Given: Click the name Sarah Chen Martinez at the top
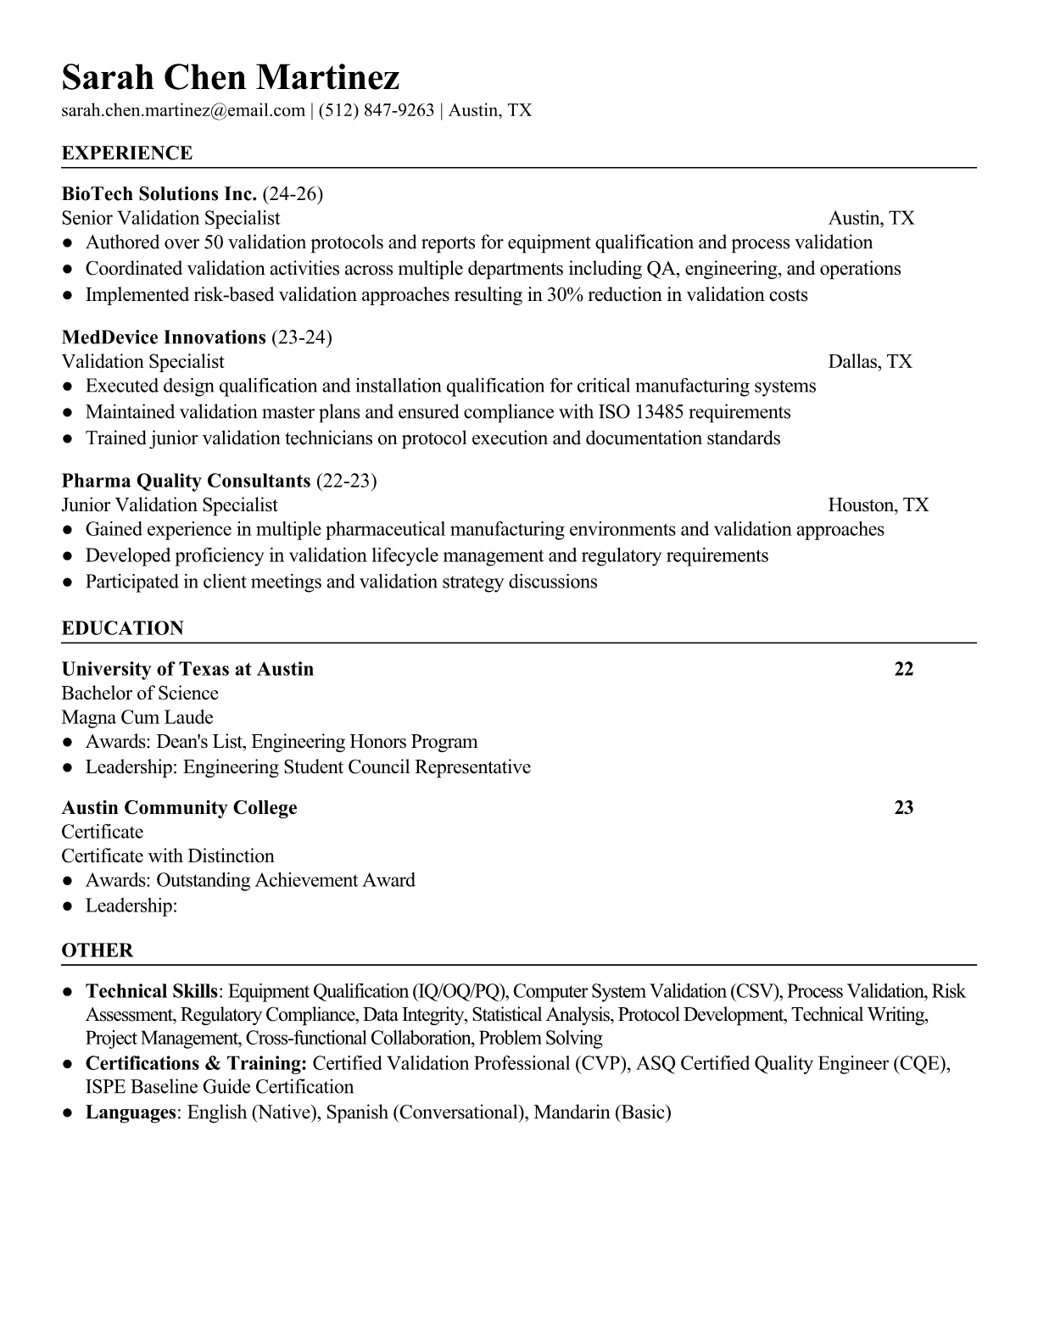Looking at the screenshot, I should tap(230, 78).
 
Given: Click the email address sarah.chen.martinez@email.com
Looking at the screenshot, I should tap(183, 110).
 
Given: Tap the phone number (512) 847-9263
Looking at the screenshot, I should tap(377, 110).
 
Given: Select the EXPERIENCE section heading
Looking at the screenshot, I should tap(127, 153).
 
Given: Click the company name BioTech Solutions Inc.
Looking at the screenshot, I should tap(159, 194).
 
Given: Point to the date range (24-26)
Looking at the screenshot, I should tap(293, 194).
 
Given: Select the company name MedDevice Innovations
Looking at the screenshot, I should tap(164, 337).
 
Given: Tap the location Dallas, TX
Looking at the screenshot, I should tap(870, 362).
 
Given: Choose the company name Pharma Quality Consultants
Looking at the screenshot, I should tap(186, 482).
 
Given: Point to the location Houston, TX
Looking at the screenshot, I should tap(878, 505).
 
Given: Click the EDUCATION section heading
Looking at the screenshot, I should tap(122, 628).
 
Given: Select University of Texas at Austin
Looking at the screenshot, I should tap(187, 669).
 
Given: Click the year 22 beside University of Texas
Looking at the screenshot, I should tap(904, 669).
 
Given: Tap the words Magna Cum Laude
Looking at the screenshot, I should tap(137, 717).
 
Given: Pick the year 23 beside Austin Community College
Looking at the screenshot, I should tap(904, 807).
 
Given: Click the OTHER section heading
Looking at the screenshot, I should tap(98, 950).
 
